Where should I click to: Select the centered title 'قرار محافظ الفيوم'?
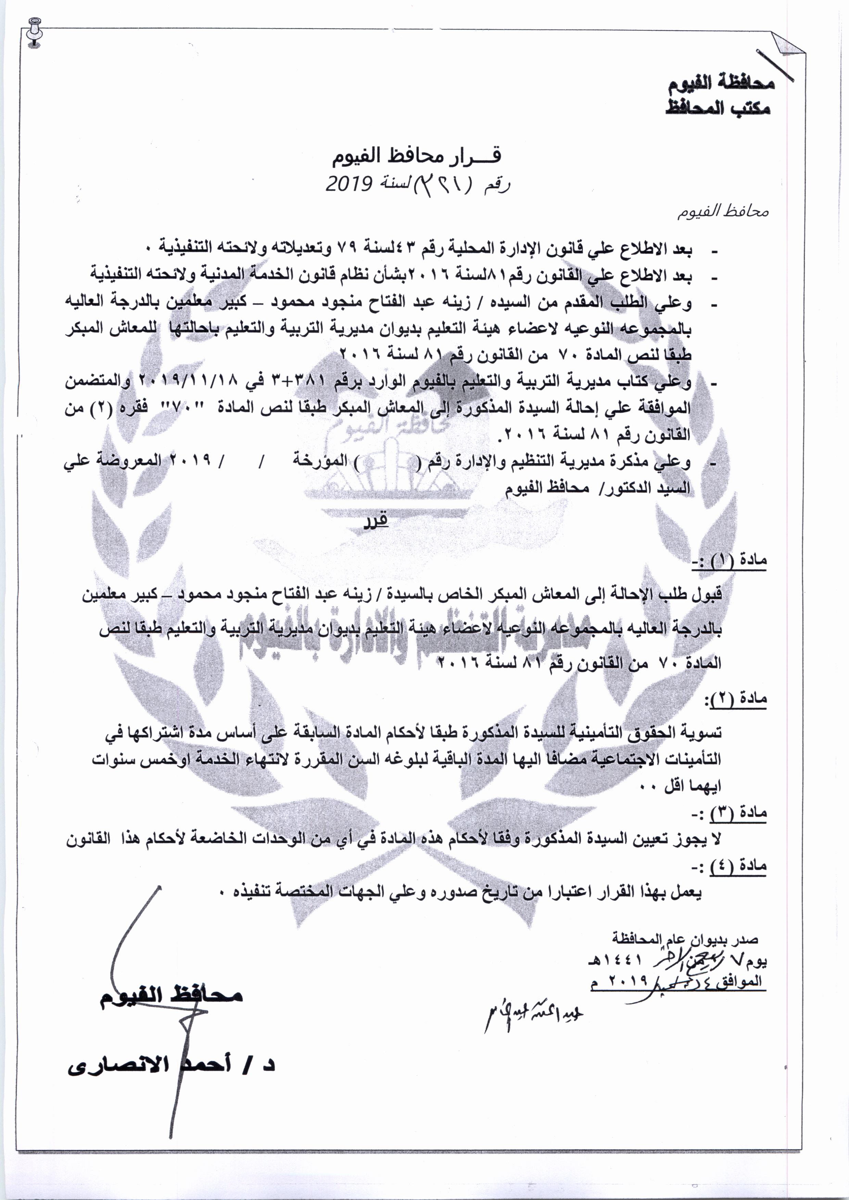tap(416, 156)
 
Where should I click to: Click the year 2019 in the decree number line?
tap(349, 183)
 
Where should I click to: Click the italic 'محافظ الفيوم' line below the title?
tap(723, 212)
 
